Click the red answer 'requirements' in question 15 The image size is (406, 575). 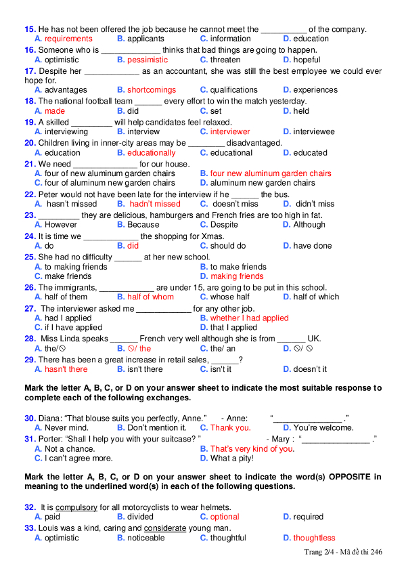click(x=68, y=39)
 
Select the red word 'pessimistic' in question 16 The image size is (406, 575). click(x=148, y=60)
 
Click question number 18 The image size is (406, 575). click(x=30, y=101)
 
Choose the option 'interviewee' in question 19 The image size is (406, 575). click(x=313, y=131)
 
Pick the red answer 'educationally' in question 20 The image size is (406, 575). click(x=151, y=153)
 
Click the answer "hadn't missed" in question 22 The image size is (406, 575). click(x=155, y=204)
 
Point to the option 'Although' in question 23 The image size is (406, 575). click(x=309, y=225)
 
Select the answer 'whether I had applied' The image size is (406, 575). click(x=249, y=318)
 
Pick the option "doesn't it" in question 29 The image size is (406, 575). click(x=310, y=369)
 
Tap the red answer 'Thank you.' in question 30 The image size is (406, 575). click(x=230, y=428)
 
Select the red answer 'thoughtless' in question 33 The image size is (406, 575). click(x=314, y=538)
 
